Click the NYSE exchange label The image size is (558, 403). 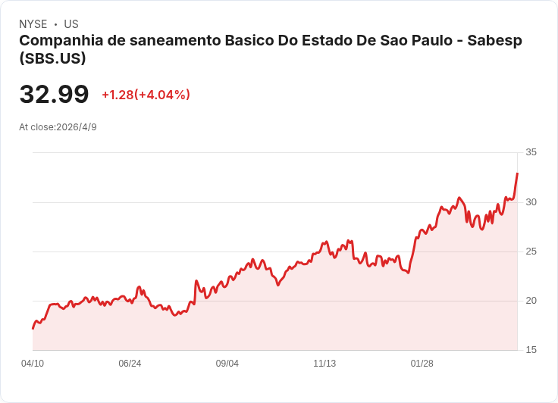33,24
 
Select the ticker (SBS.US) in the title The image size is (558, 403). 52,58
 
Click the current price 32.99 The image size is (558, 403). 54,95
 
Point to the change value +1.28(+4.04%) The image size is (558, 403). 146,95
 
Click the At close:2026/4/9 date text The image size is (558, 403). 58,127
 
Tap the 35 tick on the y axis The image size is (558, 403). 531,152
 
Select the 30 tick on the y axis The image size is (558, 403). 531,202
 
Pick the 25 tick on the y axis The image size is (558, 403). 531,251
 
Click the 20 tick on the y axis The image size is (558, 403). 531,301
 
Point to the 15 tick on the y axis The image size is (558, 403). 531,350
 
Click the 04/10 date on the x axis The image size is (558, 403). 33,364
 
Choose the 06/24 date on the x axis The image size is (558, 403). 130,364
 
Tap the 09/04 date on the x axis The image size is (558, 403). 227,364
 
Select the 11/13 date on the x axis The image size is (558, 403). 324,364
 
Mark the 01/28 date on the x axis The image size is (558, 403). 422,364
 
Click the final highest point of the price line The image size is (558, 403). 517,173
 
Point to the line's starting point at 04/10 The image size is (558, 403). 33,328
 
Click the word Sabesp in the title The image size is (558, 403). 494,41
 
